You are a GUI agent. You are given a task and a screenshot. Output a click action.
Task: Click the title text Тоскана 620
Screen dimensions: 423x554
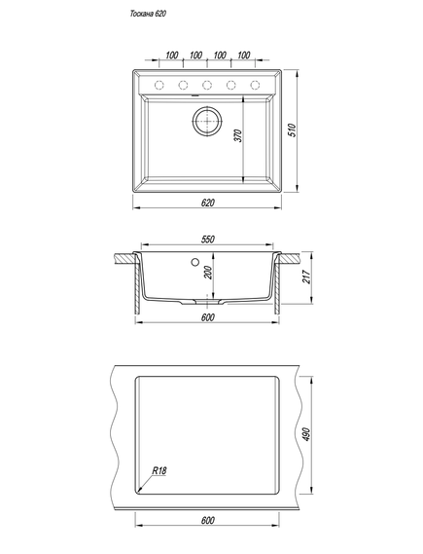(x=148, y=14)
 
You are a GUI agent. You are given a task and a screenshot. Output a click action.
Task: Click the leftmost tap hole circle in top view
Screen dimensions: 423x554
(x=159, y=85)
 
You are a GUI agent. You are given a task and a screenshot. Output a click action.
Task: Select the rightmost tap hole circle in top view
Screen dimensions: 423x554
(x=255, y=85)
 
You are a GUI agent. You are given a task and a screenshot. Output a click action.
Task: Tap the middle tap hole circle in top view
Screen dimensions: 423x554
(x=207, y=85)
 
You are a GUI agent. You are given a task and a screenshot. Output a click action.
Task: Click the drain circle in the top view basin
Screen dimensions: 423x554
(x=207, y=121)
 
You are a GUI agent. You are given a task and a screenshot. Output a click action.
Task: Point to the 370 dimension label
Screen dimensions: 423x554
(x=238, y=135)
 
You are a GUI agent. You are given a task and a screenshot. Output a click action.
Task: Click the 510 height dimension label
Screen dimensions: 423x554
(x=292, y=130)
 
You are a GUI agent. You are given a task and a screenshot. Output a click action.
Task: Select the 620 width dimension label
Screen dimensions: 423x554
(x=208, y=203)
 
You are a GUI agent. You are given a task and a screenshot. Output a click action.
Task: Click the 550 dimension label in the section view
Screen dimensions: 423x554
(x=208, y=240)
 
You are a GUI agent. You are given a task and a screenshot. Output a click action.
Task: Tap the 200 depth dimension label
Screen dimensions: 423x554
(x=208, y=273)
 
